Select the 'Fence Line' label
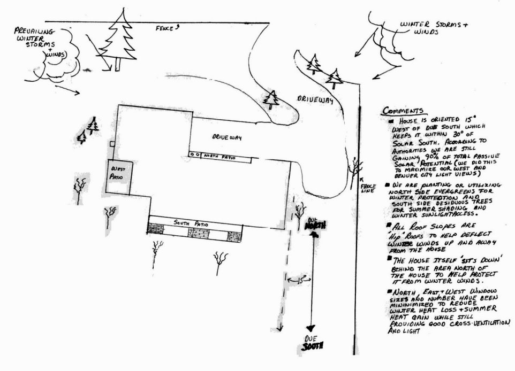coord(369,189)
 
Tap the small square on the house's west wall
coord(111,144)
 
